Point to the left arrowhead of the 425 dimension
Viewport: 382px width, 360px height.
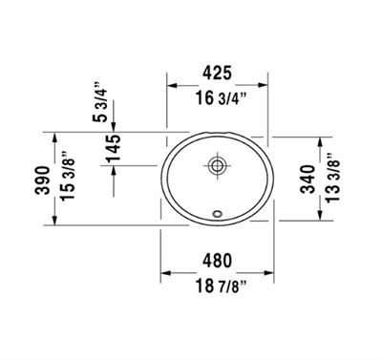pyautogui.click(x=173, y=86)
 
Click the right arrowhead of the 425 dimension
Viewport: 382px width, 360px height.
pyautogui.click(x=265, y=86)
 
